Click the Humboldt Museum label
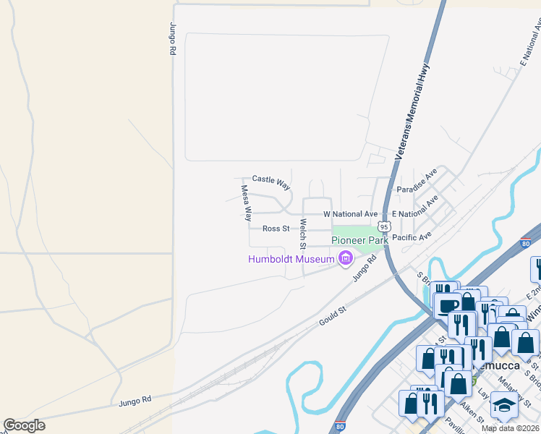(x=291, y=259)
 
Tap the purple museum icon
(x=346, y=258)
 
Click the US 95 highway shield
(x=385, y=226)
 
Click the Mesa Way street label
(x=247, y=203)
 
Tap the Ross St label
(x=276, y=229)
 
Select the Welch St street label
(x=304, y=231)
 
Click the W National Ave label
(x=350, y=214)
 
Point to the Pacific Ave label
(x=412, y=237)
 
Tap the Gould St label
(x=333, y=316)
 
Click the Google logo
(x=24, y=425)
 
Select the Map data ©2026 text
(x=510, y=428)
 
